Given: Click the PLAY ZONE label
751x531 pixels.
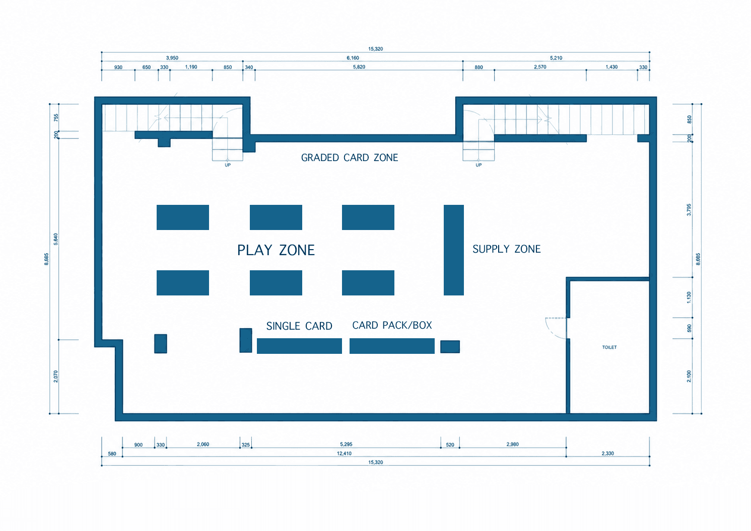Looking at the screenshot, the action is click(x=276, y=250).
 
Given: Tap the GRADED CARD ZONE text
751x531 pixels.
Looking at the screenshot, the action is click(x=350, y=158).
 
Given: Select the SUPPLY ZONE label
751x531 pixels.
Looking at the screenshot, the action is click(x=507, y=249).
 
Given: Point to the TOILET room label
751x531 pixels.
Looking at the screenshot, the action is click(x=609, y=347).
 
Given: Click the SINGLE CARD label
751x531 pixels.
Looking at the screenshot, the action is click(x=299, y=326).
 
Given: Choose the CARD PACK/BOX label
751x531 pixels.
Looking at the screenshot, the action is click(x=392, y=325).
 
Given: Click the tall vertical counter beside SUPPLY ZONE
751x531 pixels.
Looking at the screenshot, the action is click(x=454, y=250).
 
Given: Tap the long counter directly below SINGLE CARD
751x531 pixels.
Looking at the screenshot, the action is click(x=299, y=346).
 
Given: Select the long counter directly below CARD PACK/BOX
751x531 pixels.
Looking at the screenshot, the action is click(x=392, y=346).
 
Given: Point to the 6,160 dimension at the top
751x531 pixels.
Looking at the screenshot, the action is click(x=353, y=58).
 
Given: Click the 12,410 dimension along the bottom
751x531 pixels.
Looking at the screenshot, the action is click(x=344, y=453).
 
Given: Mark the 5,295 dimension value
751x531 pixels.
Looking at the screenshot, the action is click(x=346, y=444).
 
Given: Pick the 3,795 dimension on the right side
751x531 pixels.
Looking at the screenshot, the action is click(x=689, y=209).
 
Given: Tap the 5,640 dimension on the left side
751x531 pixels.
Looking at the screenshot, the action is click(x=55, y=239).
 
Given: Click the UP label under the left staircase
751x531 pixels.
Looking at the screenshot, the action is click(x=228, y=165).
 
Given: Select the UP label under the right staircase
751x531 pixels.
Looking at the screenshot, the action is click(x=479, y=165).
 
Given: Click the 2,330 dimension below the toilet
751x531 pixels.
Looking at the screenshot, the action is click(x=607, y=453).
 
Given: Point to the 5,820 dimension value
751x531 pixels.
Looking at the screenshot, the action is click(x=359, y=67).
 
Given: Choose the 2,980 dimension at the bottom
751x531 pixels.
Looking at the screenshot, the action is click(x=512, y=444).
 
